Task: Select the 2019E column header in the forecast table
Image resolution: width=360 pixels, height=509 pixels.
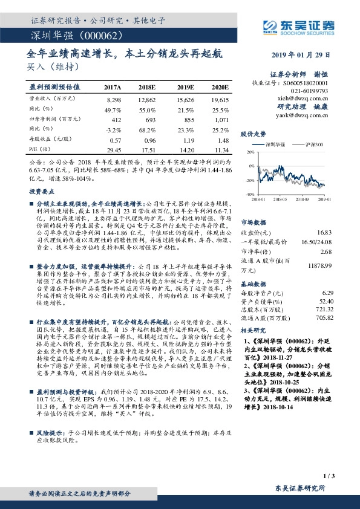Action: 186,87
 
